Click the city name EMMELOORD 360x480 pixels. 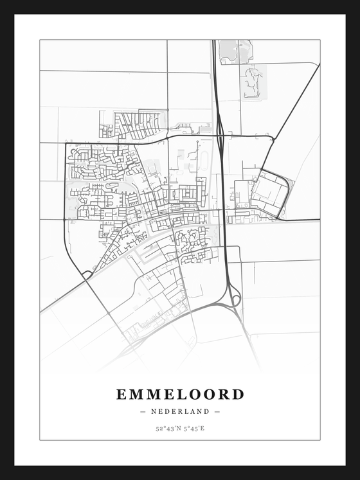click(180, 394)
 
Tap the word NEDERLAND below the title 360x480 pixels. click(180, 411)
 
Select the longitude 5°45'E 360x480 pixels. click(193, 428)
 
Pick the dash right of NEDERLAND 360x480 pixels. click(217, 411)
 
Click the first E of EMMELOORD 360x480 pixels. click(122, 394)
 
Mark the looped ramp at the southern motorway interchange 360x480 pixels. click(235, 299)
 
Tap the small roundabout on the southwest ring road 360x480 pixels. click(86, 275)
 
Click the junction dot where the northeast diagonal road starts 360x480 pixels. click(273, 138)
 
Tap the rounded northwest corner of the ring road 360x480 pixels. click(68, 145)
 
